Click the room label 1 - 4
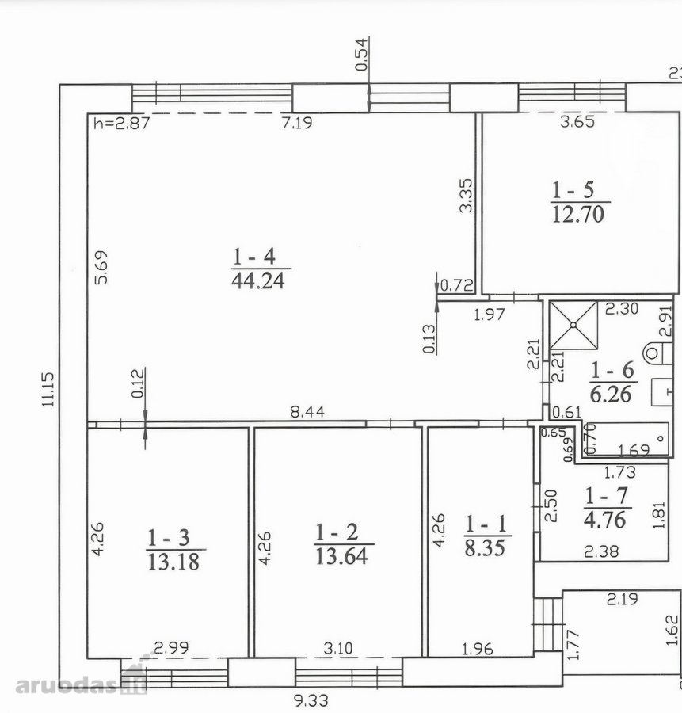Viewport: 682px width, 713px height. (254, 257)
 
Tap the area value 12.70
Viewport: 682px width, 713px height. (578, 214)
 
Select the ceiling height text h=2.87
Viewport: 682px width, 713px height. (121, 124)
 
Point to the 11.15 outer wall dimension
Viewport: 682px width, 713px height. (48, 389)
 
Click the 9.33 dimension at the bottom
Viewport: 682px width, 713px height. (311, 700)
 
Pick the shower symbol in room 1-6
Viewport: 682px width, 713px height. (573, 325)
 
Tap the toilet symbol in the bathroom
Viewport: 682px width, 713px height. (657, 353)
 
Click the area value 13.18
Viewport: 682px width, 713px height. (173, 562)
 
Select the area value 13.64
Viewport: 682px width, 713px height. (341, 555)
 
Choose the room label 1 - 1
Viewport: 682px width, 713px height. (486, 524)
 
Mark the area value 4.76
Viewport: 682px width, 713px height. (605, 520)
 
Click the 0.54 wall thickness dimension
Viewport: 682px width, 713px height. (361, 55)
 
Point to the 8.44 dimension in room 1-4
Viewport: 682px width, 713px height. (307, 411)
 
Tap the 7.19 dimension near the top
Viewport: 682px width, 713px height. (297, 123)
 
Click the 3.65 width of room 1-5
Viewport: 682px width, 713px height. (577, 122)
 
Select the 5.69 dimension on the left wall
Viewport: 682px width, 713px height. (101, 268)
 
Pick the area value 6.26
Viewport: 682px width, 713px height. (611, 394)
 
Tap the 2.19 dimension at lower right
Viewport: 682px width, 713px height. (622, 599)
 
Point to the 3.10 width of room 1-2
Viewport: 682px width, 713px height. (337, 648)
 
